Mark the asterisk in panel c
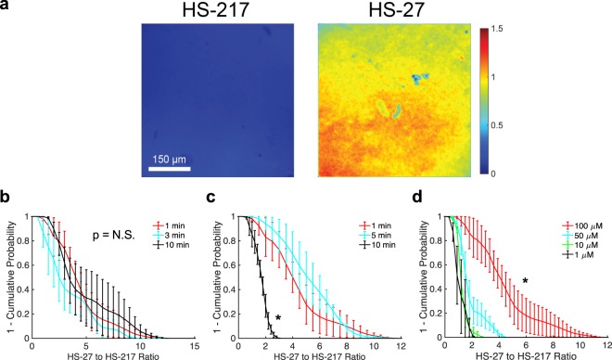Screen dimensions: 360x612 pyautogui.click(x=277, y=318)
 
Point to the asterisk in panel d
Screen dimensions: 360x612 pyautogui.click(x=525, y=281)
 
